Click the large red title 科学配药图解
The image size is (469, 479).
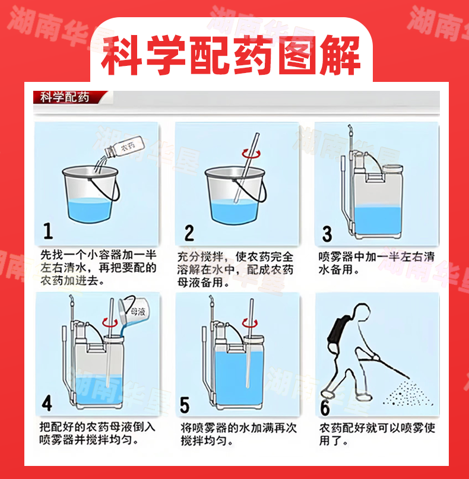231,56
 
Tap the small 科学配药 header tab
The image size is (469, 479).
65,97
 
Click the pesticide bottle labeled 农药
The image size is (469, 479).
123,147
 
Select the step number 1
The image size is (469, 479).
48,231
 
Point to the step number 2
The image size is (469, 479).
189,233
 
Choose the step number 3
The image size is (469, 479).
327,234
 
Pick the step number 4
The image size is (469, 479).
47,403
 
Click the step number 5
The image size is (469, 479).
185,405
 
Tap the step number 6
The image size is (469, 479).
325,407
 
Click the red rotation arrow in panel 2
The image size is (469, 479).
251,153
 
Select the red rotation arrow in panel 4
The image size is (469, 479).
110,322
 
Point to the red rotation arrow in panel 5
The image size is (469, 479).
250,323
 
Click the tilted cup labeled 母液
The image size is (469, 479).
134,310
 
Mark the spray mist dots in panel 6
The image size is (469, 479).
408,394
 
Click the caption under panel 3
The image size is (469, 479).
376,263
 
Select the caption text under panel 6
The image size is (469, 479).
377,434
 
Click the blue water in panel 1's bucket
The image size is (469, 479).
89,210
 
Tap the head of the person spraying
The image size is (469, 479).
362,312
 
